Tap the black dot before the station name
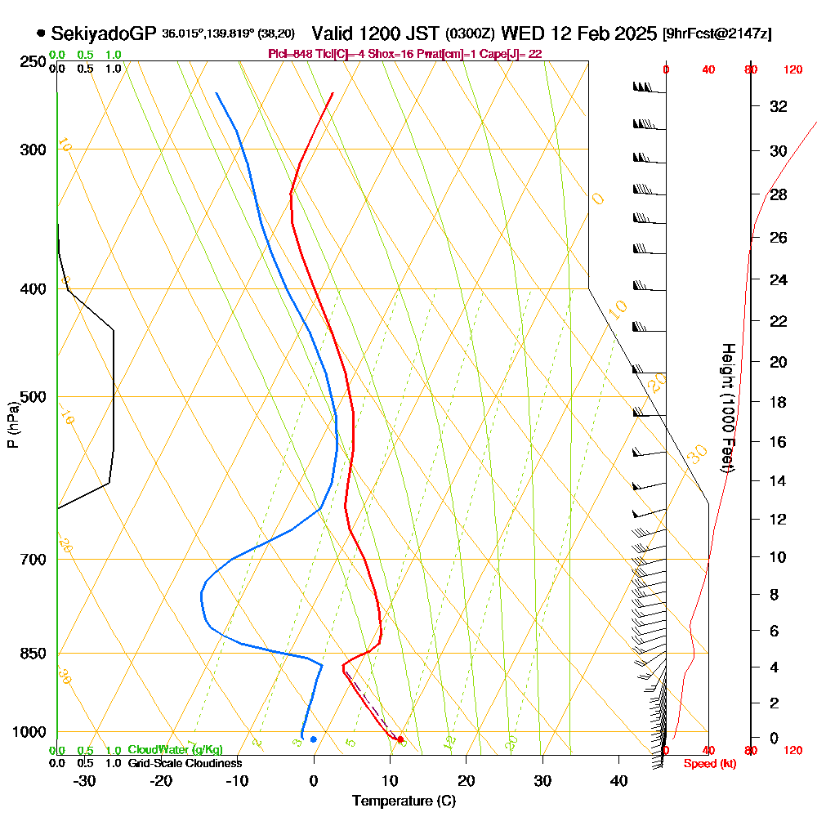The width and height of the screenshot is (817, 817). (x=41, y=34)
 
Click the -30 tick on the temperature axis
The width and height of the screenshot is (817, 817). (x=85, y=780)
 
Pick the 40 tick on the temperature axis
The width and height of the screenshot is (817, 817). (x=618, y=780)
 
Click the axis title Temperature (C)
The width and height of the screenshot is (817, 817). (x=404, y=801)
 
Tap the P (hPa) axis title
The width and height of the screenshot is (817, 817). (x=12, y=425)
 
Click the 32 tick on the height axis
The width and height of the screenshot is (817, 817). (x=779, y=106)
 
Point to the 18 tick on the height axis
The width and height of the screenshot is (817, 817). (x=779, y=402)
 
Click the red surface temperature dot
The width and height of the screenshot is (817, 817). (x=400, y=739)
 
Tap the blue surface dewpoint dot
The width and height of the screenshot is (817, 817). (x=313, y=739)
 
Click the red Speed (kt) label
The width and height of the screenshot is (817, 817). (x=705, y=764)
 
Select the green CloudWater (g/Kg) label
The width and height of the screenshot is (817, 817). (x=175, y=750)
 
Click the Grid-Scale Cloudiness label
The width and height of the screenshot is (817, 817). (x=184, y=763)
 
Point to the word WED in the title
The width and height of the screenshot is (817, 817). (x=519, y=34)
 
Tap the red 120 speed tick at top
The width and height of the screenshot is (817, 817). (x=792, y=70)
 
